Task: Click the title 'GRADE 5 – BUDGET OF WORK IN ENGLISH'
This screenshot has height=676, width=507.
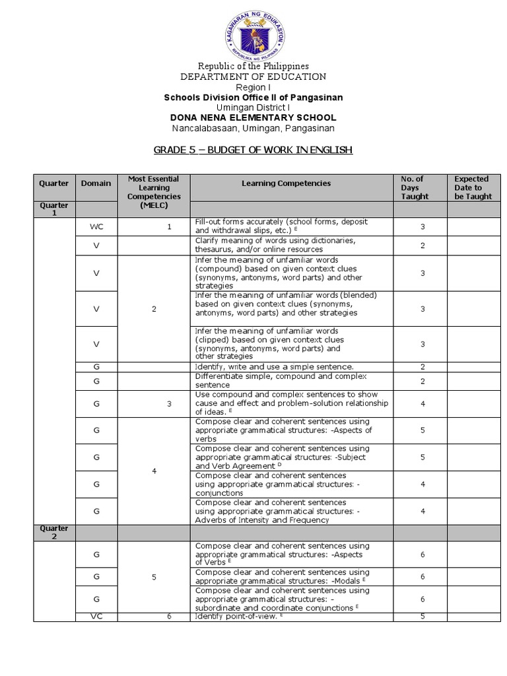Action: (x=253, y=151)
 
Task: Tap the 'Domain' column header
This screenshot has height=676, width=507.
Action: (x=96, y=183)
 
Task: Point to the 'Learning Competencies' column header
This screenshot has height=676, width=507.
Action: (x=295, y=183)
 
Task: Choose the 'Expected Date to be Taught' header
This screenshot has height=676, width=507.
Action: (x=471, y=187)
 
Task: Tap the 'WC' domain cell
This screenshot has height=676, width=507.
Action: (x=96, y=226)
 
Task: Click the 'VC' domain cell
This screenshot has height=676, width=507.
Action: (x=96, y=617)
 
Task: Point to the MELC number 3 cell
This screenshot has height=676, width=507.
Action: (x=169, y=403)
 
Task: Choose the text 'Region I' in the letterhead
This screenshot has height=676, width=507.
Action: (x=253, y=87)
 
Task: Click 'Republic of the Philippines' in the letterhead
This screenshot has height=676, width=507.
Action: (x=253, y=67)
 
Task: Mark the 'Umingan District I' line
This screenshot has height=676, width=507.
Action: (x=253, y=108)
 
